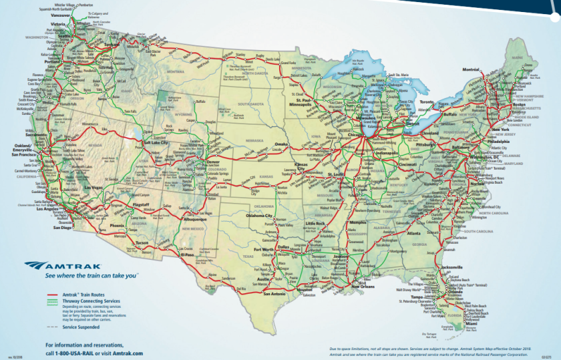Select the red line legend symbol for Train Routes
51,294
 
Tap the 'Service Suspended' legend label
81,327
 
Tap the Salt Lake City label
156,142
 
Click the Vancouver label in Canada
61,14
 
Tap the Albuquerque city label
200,218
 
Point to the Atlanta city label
413,234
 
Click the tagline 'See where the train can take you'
87,275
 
